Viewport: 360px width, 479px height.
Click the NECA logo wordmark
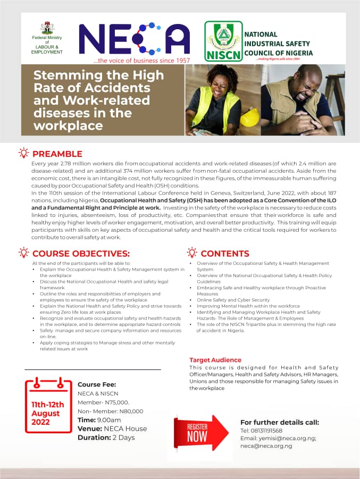(134, 40)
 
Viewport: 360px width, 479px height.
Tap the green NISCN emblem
(223, 41)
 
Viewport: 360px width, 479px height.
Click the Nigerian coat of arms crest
(47, 28)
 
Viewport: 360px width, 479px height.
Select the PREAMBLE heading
(57, 154)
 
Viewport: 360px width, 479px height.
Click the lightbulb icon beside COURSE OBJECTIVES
(23, 253)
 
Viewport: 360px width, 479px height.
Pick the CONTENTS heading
(224, 254)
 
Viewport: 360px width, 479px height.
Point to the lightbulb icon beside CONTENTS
(191, 253)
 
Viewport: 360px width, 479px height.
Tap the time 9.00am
(109, 419)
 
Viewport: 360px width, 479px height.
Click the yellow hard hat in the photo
(249, 117)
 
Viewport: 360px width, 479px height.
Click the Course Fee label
(97, 384)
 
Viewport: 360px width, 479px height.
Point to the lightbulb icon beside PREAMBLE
(23, 153)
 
